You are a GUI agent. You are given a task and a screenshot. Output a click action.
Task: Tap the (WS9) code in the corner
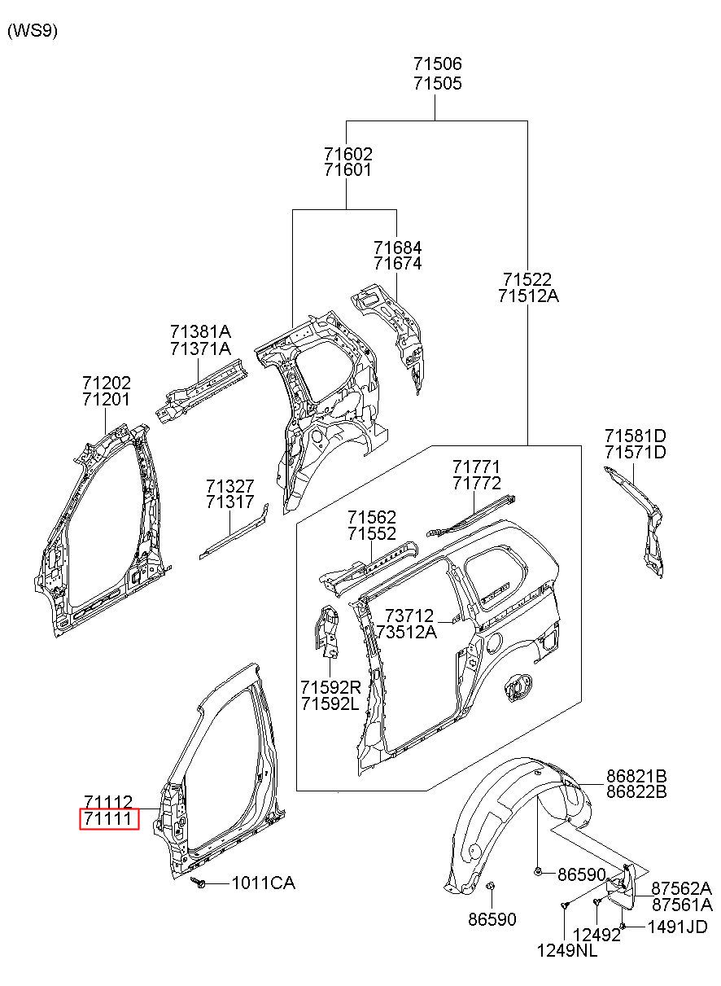(33, 31)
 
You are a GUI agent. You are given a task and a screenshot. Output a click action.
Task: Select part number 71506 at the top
(437, 64)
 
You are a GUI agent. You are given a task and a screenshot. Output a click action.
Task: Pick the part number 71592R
(330, 686)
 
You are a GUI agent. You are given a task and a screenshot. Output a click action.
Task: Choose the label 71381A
(200, 331)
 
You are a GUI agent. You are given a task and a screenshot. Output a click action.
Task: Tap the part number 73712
(409, 615)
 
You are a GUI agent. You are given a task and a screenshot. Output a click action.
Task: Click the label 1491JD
(677, 927)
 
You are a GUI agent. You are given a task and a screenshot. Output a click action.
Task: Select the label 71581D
(635, 436)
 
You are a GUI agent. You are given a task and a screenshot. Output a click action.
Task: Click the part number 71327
(230, 486)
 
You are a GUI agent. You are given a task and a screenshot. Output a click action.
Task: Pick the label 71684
(398, 248)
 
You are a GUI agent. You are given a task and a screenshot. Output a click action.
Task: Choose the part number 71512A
(528, 296)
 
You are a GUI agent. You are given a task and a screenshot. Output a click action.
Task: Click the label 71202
(107, 383)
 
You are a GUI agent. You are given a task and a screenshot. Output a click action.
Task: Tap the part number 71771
(476, 467)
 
